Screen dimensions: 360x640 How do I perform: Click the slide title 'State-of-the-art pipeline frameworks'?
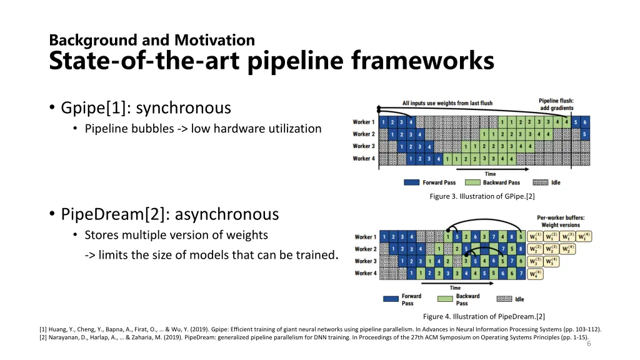[x=271, y=61]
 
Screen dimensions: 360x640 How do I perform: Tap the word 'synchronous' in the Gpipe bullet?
[x=183, y=108]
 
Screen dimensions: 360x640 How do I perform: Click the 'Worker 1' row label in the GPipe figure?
[x=363, y=122]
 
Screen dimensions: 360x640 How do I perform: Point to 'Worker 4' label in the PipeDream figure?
[x=366, y=273]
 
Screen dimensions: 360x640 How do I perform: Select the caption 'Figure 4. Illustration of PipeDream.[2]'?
[x=484, y=316]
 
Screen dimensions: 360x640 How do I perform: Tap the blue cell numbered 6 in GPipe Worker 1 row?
[x=585, y=122]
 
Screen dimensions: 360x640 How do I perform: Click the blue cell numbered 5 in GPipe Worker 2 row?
[x=585, y=134]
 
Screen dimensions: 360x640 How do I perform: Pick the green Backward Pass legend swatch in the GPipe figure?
[x=473, y=182]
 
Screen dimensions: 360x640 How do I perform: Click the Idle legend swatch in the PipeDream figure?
[x=504, y=299]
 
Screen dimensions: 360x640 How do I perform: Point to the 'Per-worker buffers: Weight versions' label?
[x=561, y=221]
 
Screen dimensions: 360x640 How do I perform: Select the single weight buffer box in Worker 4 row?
[x=534, y=273]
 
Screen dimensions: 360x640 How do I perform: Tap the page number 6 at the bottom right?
[x=589, y=344]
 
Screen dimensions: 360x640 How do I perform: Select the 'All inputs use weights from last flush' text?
[x=447, y=103]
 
